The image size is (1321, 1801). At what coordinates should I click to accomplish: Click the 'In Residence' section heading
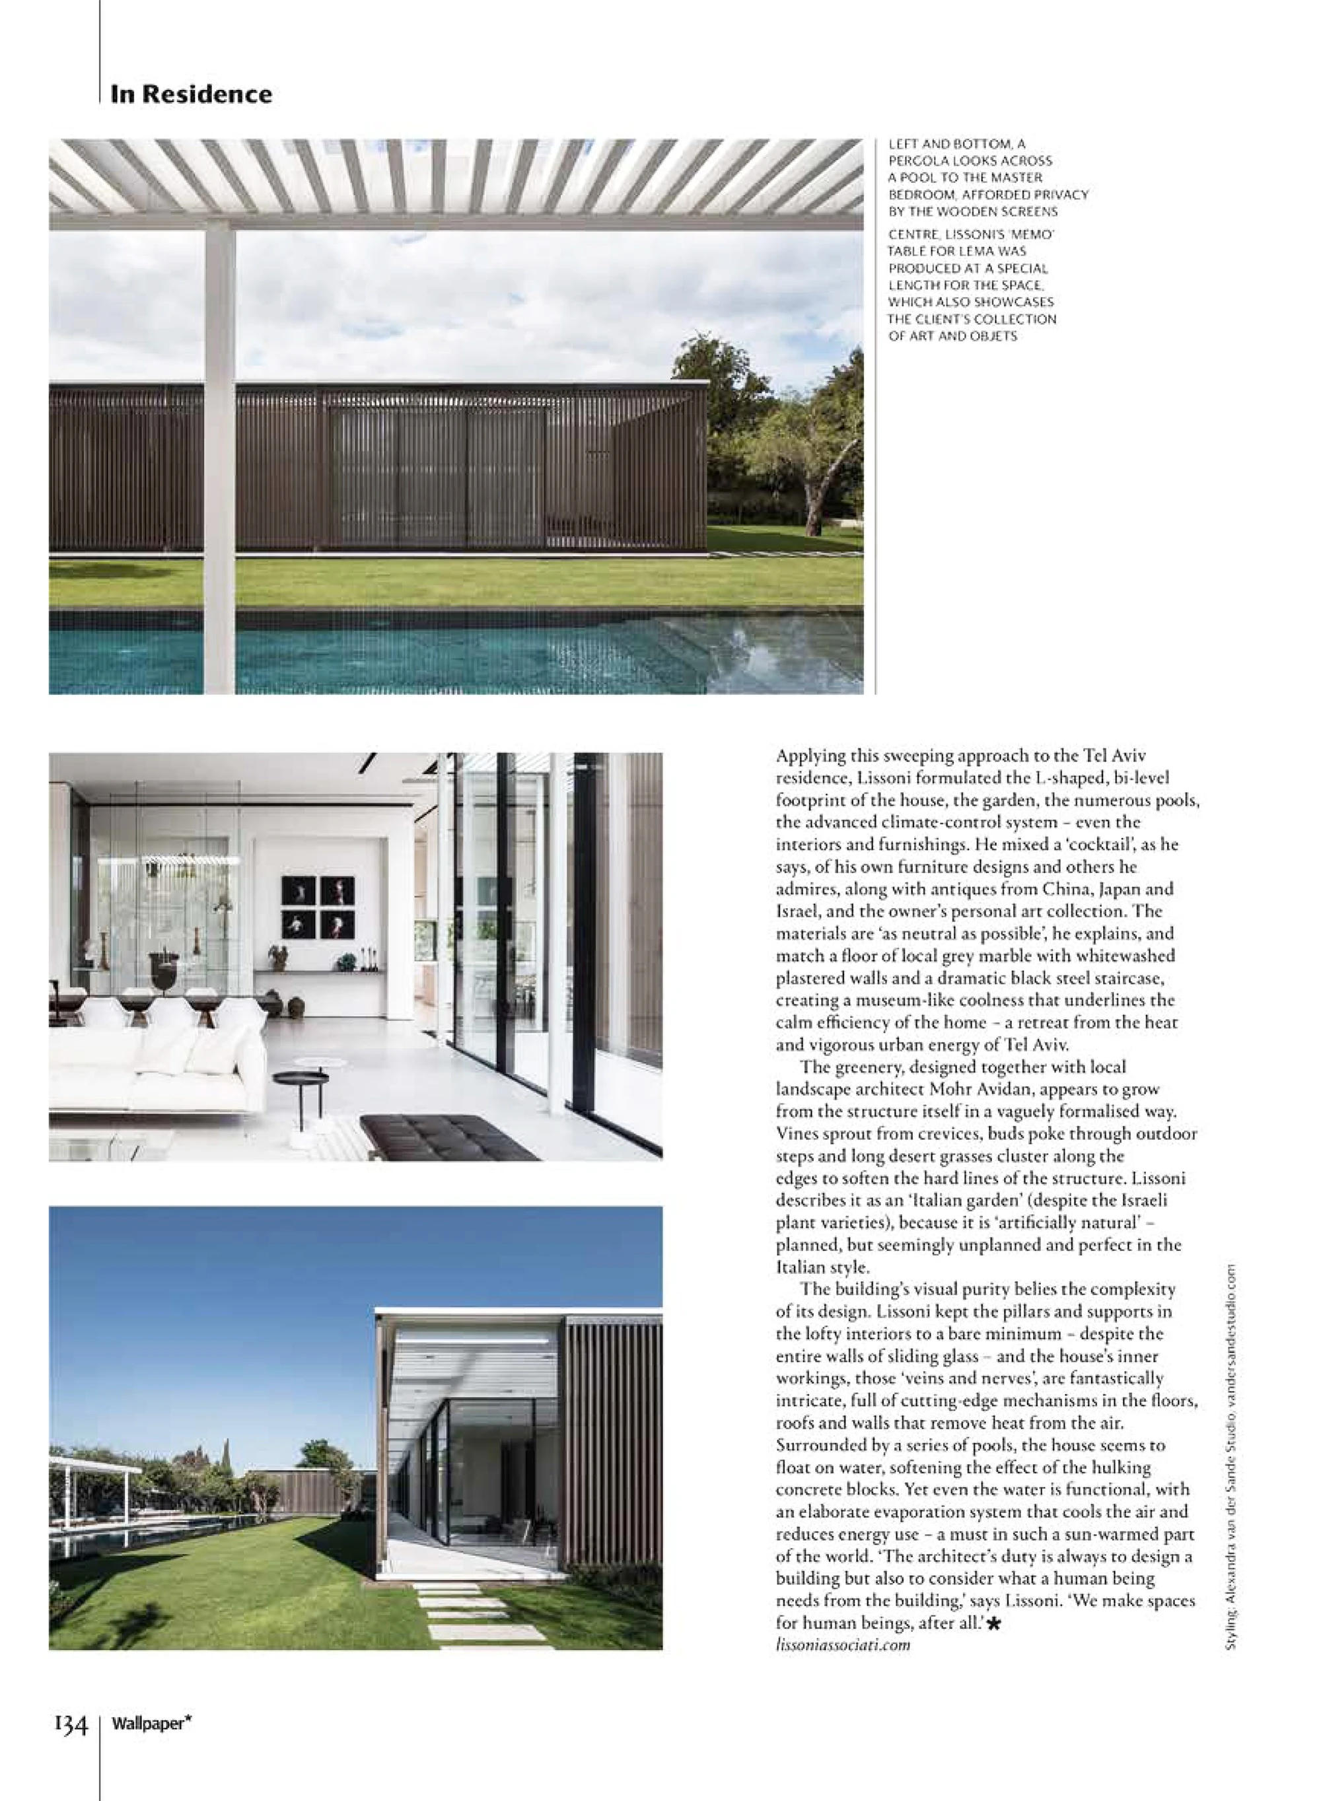tap(191, 94)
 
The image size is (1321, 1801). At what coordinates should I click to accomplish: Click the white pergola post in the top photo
tap(220, 456)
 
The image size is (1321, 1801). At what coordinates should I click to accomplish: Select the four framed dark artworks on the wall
tap(318, 907)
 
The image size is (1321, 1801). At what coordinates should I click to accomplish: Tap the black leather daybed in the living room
tap(448, 1137)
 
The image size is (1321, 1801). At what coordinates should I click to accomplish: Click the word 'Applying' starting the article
tap(812, 756)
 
